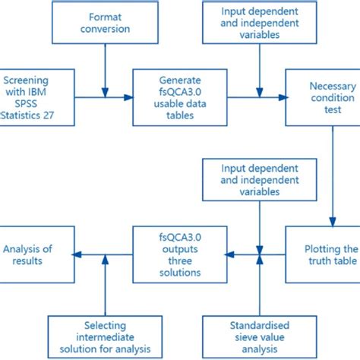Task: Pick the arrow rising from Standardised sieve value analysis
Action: [260, 285]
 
